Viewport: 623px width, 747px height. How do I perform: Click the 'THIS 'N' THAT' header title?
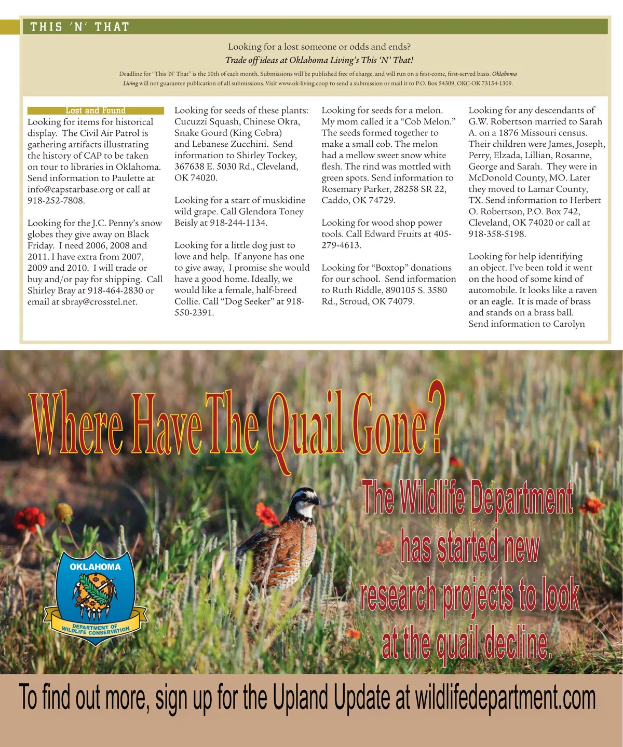(x=79, y=27)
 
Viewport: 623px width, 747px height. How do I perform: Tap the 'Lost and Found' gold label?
(x=96, y=110)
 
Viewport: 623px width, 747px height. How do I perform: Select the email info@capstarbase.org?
(x=70, y=189)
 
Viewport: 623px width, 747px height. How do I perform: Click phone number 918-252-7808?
(x=56, y=201)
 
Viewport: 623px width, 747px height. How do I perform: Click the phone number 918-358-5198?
(x=497, y=234)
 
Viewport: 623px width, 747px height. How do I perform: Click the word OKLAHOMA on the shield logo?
(x=95, y=567)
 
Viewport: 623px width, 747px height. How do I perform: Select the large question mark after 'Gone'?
(x=436, y=418)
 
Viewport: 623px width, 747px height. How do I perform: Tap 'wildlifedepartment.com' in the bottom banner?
(x=505, y=698)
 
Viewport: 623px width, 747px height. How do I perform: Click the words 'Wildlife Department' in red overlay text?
(x=467, y=498)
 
